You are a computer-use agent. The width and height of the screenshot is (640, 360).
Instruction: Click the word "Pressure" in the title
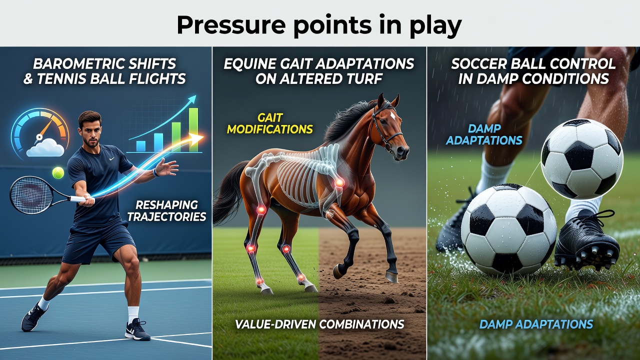(231, 25)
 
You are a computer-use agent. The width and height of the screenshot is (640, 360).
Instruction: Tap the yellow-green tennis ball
(58, 173)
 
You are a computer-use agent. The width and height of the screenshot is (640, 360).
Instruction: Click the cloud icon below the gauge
(45, 147)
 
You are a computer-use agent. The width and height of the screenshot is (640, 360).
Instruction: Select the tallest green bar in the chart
(193, 129)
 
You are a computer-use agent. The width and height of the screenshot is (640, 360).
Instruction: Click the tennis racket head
(31, 194)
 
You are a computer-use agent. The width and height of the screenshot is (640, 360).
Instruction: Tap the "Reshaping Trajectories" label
(166, 211)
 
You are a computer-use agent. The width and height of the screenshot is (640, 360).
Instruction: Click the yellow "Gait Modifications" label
(269, 123)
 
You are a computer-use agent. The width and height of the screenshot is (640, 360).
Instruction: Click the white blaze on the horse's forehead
(393, 115)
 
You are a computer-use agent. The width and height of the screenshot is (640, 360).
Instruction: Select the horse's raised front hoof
(338, 271)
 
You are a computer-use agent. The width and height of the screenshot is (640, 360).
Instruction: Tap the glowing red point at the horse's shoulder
(339, 182)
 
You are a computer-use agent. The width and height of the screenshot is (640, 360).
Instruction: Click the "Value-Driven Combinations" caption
(319, 324)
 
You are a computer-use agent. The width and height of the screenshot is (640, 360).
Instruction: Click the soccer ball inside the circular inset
(582, 159)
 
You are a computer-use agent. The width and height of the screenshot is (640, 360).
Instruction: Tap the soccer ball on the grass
(508, 229)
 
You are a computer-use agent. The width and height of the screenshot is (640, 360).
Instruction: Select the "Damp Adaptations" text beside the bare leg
(484, 134)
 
